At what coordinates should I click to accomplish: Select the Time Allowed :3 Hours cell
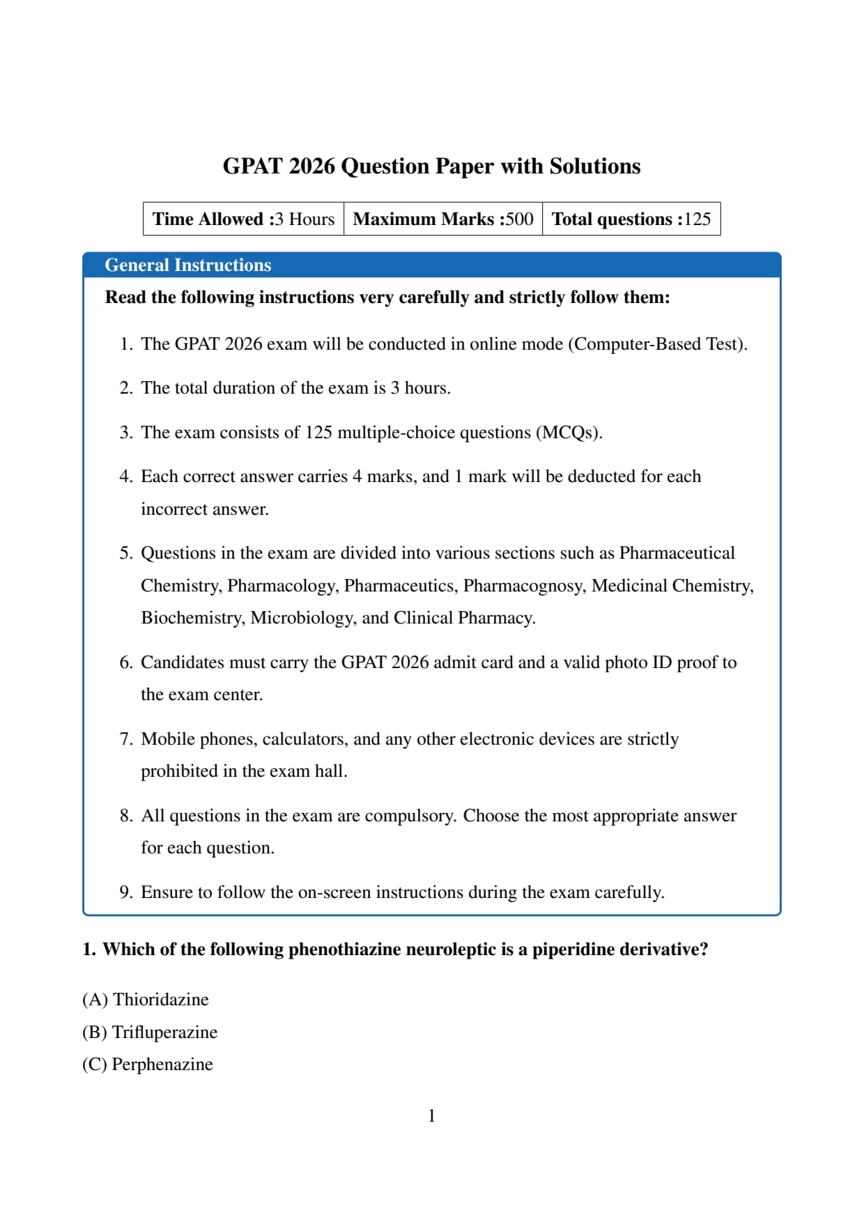[x=243, y=219]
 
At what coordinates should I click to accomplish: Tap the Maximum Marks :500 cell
[x=442, y=219]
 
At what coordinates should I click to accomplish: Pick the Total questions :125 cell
[x=631, y=219]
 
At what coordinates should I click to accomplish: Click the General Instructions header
[x=187, y=265]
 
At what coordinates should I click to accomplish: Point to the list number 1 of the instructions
[x=125, y=344]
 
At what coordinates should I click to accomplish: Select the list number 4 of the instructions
[x=125, y=477]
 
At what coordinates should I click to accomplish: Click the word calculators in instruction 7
[x=304, y=739]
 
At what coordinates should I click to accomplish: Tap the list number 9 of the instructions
[x=125, y=892]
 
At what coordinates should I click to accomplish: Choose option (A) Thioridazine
[x=145, y=1000]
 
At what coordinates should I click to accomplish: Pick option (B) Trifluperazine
[x=149, y=1032]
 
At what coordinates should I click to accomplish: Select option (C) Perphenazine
[x=147, y=1065]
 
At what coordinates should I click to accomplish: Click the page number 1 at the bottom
[x=431, y=1116]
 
